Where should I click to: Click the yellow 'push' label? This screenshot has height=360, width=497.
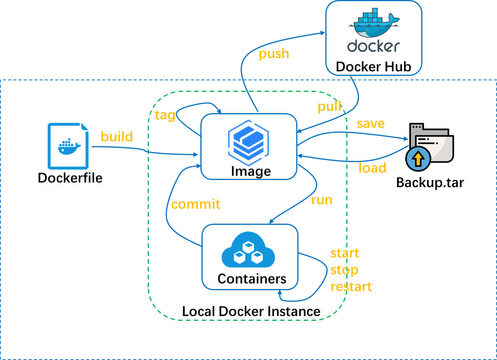click(x=274, y=54)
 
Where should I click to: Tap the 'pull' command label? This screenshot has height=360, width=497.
click(x=329, y=107)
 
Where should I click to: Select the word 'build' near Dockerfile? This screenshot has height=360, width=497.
click(x=117, y=137)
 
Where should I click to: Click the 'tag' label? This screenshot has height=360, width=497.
click(x=165, y=115)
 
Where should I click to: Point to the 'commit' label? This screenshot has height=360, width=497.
click(x=196, y=204)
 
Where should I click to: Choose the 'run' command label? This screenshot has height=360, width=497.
click(x=322, y=200)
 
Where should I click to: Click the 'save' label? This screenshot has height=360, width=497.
click(x=371, y=124)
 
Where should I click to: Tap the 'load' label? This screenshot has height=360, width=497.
click(x=372, y=168)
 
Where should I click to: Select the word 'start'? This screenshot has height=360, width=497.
click(x=344, y=253)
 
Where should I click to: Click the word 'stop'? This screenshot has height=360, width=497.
click(x=344, y=270)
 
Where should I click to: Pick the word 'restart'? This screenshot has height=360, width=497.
click(x=351, y=287)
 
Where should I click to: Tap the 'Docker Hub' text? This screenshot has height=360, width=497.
click(x=373, y=67)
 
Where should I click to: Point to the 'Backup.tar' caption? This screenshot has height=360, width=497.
click(x=430, y=183)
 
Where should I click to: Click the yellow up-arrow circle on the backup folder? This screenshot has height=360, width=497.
click(x=418, y=159)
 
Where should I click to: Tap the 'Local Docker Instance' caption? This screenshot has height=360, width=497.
click(x=251, y=311)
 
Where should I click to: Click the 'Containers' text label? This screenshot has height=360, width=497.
click(x=252, y=279)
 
